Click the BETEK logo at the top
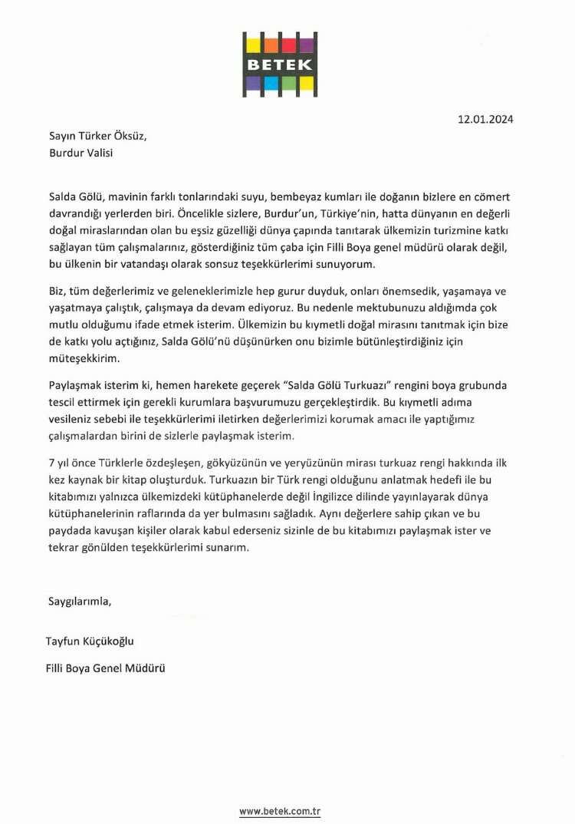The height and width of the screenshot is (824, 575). coord(280,64)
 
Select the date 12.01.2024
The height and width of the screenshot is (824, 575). coord(485,119)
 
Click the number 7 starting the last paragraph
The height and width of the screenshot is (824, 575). coord(51,463)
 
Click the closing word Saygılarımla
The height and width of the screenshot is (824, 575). coord(80,602)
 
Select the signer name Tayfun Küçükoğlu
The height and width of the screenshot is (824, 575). coord(94,641)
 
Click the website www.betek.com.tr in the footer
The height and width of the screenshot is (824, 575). coord(279,811)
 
